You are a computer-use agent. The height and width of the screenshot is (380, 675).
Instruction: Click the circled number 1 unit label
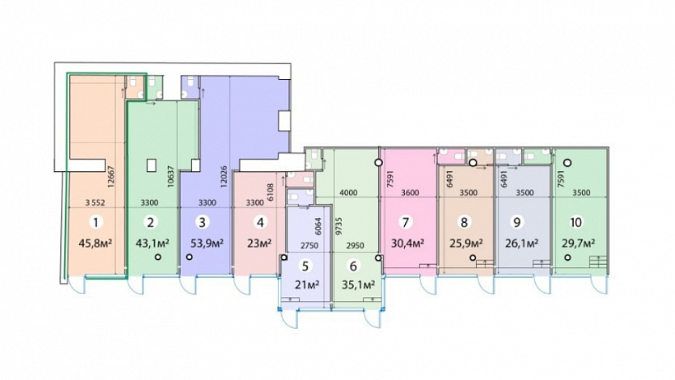click(95, 222)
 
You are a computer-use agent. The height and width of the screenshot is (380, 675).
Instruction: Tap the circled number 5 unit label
click(305, 266)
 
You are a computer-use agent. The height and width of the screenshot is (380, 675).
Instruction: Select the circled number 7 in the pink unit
click(405, 222)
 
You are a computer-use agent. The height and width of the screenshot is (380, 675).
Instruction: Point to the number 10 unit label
click(576, 222)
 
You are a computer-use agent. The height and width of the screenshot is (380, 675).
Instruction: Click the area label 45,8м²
click(95, 243)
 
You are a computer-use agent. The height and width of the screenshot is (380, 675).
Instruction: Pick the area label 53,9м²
click(207, 243)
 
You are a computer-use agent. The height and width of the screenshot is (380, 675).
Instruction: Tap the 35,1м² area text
click(358, 285)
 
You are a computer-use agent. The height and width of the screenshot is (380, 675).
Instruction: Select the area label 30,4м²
click(407, 243)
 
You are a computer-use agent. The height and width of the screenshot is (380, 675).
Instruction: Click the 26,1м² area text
click(522, 243)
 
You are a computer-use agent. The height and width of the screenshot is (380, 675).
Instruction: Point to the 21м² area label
click(307, 285)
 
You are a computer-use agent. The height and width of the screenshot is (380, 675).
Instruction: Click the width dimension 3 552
click(95, 202)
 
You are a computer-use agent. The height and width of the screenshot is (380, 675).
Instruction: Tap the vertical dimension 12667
click(111, 178)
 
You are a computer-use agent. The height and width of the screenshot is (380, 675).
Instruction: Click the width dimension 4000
click(348, 192)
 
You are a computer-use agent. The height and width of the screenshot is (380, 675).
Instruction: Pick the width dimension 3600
click(410, 192)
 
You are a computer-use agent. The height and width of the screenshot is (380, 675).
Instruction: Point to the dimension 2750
click(309, 246)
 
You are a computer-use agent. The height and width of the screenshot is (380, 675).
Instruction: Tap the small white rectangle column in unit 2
click(151, 165)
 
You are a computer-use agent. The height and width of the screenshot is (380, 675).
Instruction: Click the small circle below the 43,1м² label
click(158, 257)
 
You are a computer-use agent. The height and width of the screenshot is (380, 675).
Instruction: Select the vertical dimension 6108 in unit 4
click(271, 192)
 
